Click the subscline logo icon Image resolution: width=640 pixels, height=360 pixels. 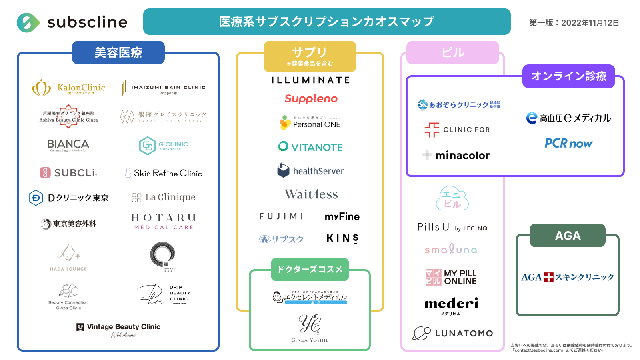[28, 22]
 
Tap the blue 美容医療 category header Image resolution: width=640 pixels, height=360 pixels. [118, 52]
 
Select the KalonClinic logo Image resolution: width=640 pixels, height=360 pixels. [68, 88]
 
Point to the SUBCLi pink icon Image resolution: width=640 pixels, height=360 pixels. [45, 173]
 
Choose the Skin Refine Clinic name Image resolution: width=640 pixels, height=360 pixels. [168, 173]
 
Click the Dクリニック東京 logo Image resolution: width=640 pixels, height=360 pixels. [69, 198]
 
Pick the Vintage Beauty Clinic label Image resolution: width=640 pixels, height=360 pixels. [119, 327]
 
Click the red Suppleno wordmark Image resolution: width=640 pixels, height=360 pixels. [311, 99]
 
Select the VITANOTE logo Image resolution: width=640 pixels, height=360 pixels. [310, 147]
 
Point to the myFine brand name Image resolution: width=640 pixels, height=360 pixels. [342, 216]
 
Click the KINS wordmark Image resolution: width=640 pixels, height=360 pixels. [342, 238]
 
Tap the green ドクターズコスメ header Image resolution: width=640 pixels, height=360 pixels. [310, 269]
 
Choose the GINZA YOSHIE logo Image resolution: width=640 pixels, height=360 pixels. [310, 328]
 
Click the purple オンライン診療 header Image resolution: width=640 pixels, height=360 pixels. [568, 76]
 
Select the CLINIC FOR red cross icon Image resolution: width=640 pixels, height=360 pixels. [432, 130]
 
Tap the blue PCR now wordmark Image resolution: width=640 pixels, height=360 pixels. [568, 143]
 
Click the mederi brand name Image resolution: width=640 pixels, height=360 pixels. [451, 304]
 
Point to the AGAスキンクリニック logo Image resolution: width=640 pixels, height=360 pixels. [567, 277]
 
